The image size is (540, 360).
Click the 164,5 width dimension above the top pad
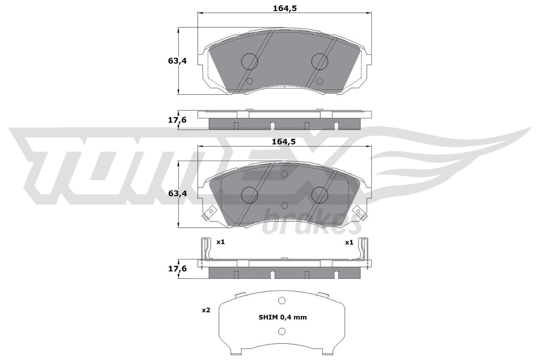tap(285, 9)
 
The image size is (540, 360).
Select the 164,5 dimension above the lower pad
tap(283, 142)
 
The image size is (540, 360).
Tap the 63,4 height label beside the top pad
tap(178, 61)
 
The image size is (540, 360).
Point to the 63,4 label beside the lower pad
tap(178, 193)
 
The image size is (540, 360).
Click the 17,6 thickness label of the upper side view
tap(177, 120)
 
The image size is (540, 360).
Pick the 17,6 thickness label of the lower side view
tap(177, 269)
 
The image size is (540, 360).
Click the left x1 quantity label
tap(220, 242)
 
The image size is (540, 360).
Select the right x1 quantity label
tap(349, 242)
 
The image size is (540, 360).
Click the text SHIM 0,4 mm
tap(283, 317)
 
